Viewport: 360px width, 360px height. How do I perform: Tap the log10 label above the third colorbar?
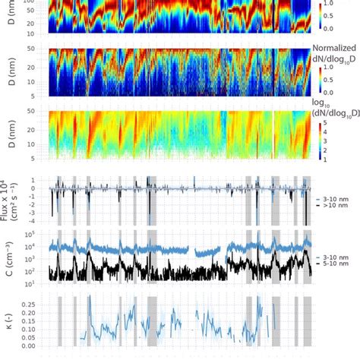[x=329, y=102]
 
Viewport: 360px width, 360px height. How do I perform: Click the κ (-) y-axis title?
[x=10, y=321]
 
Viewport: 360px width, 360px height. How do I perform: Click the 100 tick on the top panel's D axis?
[x=36, y=2]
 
